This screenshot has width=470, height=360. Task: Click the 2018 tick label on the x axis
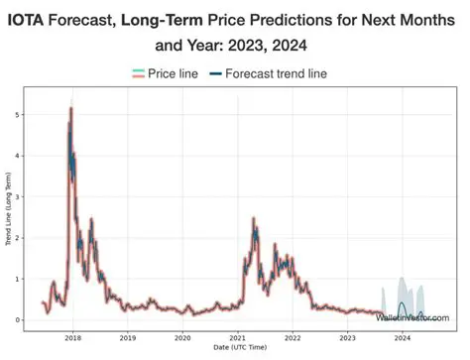[x=72, y=338]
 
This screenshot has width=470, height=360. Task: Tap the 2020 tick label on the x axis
[x=182, y=338]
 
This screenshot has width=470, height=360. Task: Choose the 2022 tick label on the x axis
[x=293, y=338]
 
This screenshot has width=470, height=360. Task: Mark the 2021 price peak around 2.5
[x=255, y=218]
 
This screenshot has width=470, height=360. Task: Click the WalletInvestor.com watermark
[x=411, y=318]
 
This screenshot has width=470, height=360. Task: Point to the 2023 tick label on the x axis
[x=347, y=338]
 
